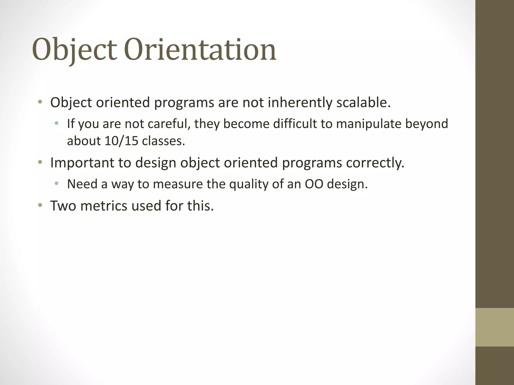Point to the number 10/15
tap(121, 141)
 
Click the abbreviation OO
tap(314, 184)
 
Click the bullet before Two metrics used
tap(40, 206)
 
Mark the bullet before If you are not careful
tap(56, 123)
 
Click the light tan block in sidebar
tap(494, 327)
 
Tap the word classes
tap(163, 141)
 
